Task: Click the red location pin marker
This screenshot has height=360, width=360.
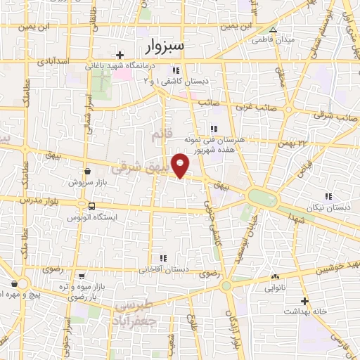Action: (181, 166)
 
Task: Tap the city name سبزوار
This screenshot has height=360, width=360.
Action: (165, 47)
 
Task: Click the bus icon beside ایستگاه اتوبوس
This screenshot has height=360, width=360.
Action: (91, 205)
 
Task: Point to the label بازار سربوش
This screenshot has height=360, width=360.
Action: (82, 182)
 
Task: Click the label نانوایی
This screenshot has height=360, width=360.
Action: (274, 288)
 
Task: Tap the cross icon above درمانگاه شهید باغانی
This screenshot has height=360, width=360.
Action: (120, 55)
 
